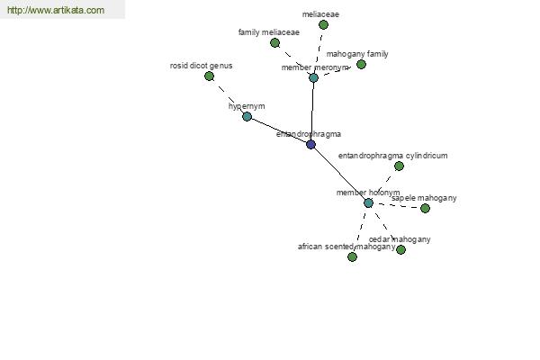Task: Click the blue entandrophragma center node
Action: (310, 144)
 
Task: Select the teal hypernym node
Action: (247, 116)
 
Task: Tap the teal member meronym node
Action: (313, 77)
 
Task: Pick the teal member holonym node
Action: (368, 202)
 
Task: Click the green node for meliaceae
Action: (323, 24)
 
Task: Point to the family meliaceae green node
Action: (274, 42)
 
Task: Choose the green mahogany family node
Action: (361, 64)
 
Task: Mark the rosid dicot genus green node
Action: (209, 76)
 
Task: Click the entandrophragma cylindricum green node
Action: (399, 166)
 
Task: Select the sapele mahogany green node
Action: (426, 208)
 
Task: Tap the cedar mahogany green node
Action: (400, 249)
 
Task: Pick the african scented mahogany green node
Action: (352, 256)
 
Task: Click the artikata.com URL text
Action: (56, 10)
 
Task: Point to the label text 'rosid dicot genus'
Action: (201, 66)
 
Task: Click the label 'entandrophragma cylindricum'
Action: (393, 156)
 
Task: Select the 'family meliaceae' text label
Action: (269, 32)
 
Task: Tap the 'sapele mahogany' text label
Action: (424, 198)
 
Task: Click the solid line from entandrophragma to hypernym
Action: (279, 130)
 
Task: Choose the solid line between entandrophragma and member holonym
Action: (339, 174)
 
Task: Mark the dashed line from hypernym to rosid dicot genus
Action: (228, 96)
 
